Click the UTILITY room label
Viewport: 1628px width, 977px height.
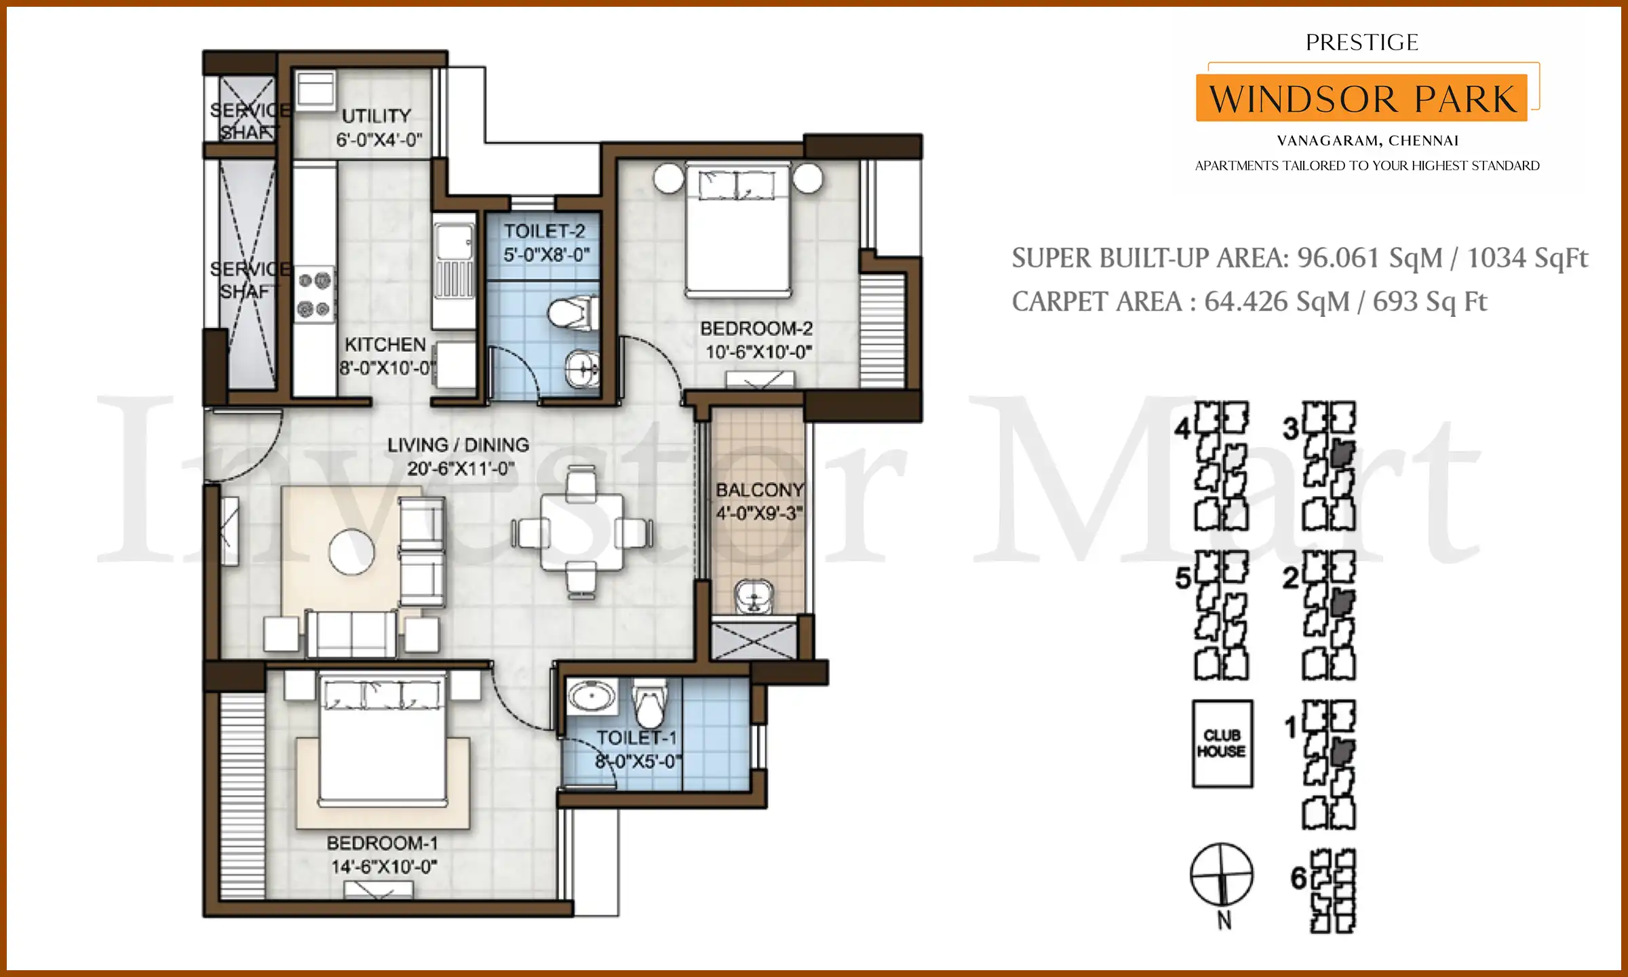pyautogui.click(x=376, y=116)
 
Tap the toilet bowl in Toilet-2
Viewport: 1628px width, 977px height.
pyautogui.click(x=571, y=313)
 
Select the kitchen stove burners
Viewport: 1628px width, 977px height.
pyautogui.click(x=314, y=294)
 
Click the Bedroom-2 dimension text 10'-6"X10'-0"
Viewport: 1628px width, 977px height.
pyautogui.click(x=758, y=352)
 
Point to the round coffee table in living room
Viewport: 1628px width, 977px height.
pyautogui.click(x=351, y=552)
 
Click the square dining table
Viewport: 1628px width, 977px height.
pyautogui.click(x=581, y=533)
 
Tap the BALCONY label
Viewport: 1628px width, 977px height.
pyautogui.click(x=759, y=490)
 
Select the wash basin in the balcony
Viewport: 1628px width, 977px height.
pyautogui.click(x=754, y=596)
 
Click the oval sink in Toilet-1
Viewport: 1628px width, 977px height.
pyautogui.click(x=592, y=696)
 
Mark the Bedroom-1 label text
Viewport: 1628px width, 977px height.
pyautogui.click(x=383, y=843)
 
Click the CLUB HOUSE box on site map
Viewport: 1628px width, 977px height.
pyautogui.click(x=1222, y=744)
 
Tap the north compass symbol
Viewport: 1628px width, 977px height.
pyautogui.click(x=1222, y=875)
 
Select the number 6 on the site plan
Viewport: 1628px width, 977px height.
pyautogui.click(x=1298, y=878)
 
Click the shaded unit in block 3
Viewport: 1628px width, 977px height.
pyautogui.click(x=1342, y=453)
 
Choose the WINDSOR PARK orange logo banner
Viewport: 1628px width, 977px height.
pyautogui.click(x=1361, y=98)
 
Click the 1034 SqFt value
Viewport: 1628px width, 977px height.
pyautogui.click(x=1527, y=258)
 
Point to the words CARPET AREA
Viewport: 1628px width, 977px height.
pyautogui.click(x=1096, y=302)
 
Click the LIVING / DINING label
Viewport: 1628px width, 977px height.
pyautogui.click(x=458, y=445)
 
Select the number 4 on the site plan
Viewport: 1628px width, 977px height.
pyautogui.click(x=1182, y=429)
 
